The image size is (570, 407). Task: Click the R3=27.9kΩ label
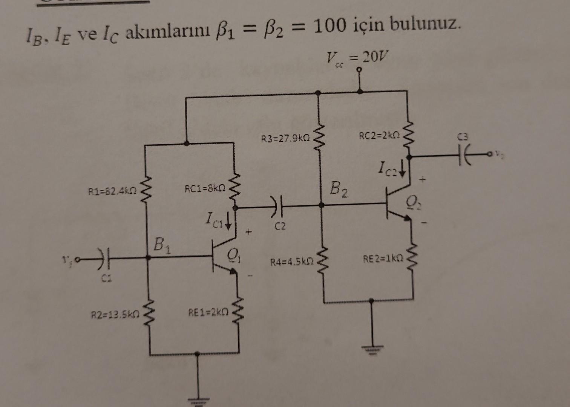pos(286,139)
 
